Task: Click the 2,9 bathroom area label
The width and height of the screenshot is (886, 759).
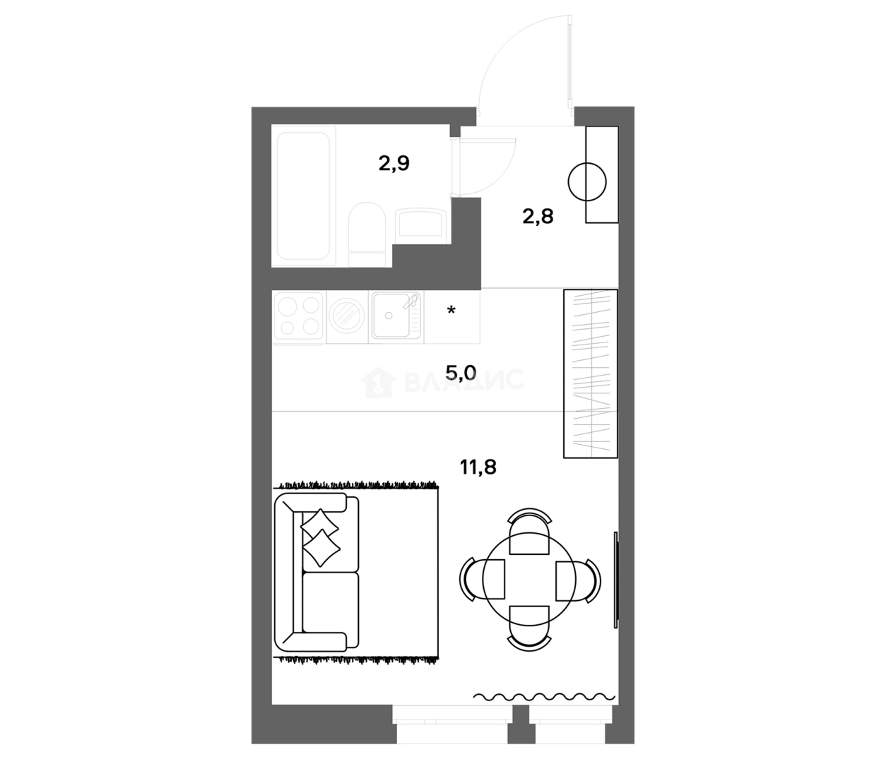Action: coord(394,164)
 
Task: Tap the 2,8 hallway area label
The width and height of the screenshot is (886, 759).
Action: coord(538,217)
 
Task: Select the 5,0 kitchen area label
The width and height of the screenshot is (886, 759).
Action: coord(461,373)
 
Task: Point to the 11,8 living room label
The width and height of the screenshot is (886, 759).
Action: coord(478,467)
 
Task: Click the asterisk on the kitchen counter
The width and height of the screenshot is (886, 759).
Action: coord(451,310)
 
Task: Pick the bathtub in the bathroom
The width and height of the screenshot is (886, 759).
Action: coord(304,196)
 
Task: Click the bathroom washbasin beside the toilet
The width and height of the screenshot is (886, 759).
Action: coord(420,222)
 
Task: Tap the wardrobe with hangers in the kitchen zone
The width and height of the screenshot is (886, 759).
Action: coord(590,373)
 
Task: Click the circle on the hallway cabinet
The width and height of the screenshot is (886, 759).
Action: coord(587,182)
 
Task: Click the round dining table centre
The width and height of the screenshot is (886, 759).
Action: coord(529,579)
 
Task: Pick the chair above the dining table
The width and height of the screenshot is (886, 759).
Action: coord(529,531)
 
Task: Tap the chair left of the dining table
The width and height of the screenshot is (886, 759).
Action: coord(482,579)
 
